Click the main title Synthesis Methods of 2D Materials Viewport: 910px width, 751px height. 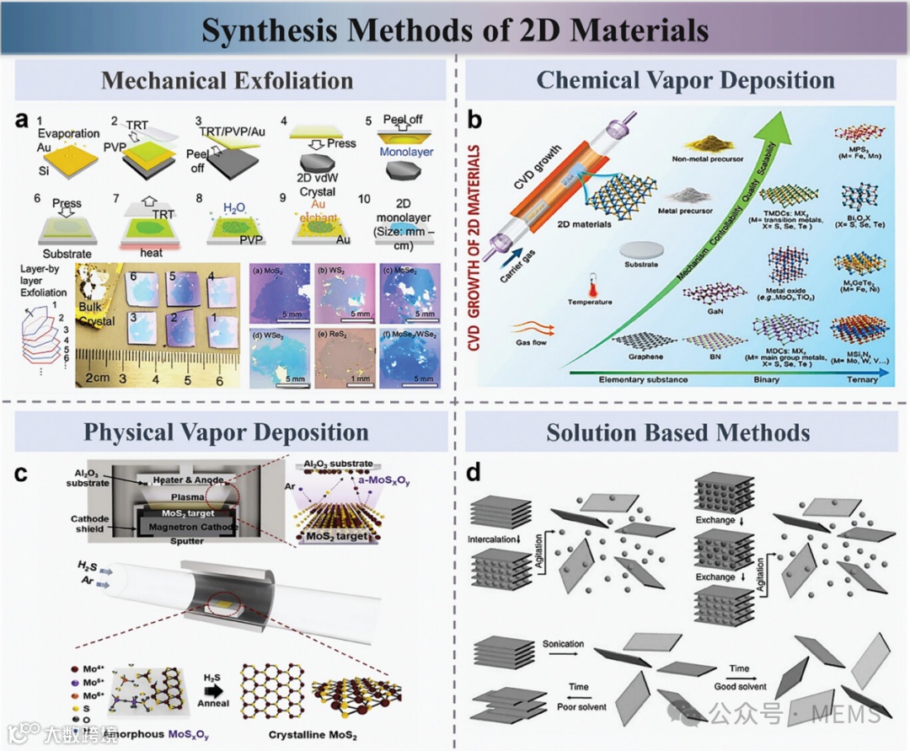pos(454,30)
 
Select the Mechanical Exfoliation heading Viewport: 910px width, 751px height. pos(227,81)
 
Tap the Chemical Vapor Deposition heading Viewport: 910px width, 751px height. pos(685,81)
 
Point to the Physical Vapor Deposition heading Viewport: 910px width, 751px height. pos(226,432)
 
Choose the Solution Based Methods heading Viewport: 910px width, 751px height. pos(678,433)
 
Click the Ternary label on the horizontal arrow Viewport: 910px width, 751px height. pos(861,380)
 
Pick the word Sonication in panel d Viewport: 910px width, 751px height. pos(564,644)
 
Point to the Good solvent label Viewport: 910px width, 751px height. pos(739,686)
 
